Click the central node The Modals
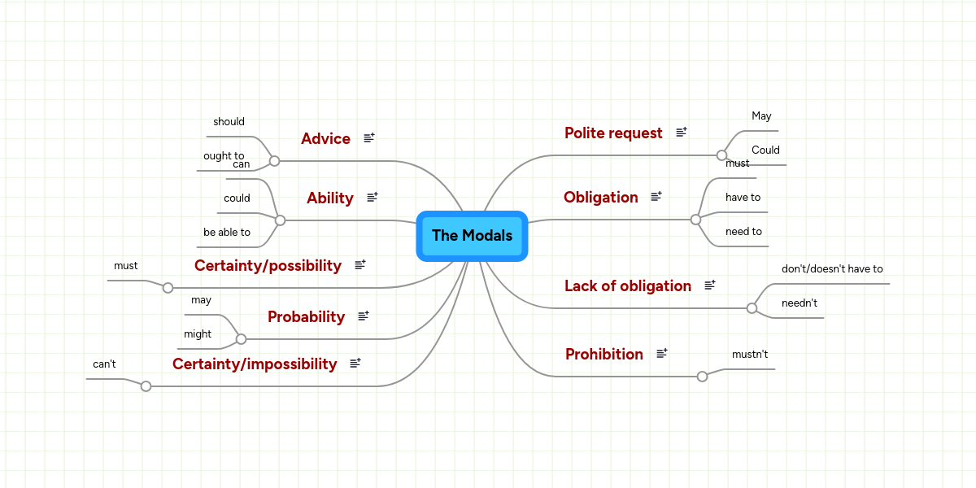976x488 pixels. pyautogui.click(x=472, y=236)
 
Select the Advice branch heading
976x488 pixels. pyautogui.click(x=325, y=139)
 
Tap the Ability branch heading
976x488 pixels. pyautogui.click(x=330, y=198)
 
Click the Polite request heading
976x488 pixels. pyautogui.click(x=613, y=133)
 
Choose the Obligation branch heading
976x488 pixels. pyautogui.click(x=601, y=198)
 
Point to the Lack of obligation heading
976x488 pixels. pyautogui.click(x=628, y=286)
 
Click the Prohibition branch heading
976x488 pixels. pyautogui.click(x=604, y=355)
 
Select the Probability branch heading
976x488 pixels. pyautogui.click(x=306, y=317)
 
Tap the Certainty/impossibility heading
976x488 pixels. pyautogui.click(x=255, y=364)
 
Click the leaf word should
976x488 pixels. pyautogui.click(x=229, y=122)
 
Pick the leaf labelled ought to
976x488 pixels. pyautogui.click(x=223, y=155)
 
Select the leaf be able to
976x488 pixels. pyautogui.click(x=227, y=233)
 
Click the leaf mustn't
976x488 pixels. pyautogui.click(x=750, y=355)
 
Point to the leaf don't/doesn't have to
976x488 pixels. pyautogui.click(x=832, y=269)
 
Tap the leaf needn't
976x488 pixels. pyautogui.click(x=800, y=303)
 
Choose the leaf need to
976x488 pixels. pyautogui.click(x=743, y=232)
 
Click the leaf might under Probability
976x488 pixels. pyautogui.click(x=198, y=334)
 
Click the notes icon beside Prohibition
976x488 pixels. pyautogui.click(x=662, y=353)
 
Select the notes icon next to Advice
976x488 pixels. pyautogui.click(x=369, y=138)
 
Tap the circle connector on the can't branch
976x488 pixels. pyautogui.click(x=146, y=386)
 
